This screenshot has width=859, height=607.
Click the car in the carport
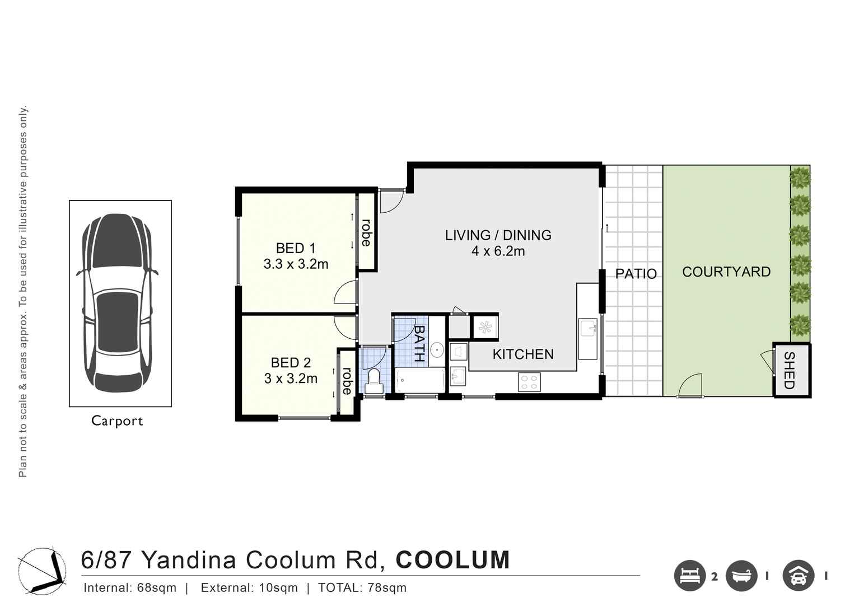tap(117, 303)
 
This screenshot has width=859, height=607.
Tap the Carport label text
tap(117, 421)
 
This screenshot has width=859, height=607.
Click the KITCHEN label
tap(522, 354)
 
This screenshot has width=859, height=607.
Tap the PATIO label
tap(636, 274)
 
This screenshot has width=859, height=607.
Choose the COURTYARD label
tap(726, 272)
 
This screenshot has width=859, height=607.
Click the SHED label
tap(789, 370)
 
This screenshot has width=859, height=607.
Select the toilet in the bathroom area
tap(374, 380)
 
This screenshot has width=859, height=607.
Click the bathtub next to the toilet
tap(419, 381)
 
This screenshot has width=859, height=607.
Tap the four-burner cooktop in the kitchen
tap(529, 382)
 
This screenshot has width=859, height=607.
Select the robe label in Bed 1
tap(366, 232)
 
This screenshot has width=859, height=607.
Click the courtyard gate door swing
tap(690, 386)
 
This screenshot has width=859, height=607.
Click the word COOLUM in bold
tap(452, 561)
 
